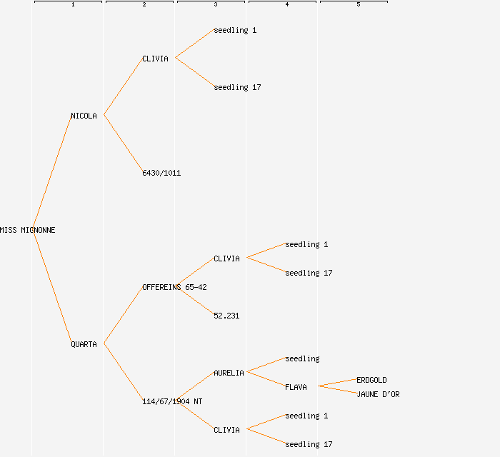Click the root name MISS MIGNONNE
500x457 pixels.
pos(27,230)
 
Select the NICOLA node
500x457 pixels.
pos(84,116)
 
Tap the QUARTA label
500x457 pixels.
pos(84,344)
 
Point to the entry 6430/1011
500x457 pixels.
pos(161,173)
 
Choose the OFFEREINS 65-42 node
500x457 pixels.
pos(174,287)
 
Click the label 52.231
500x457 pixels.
pos(226,316)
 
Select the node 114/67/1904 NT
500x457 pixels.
pos(172,401)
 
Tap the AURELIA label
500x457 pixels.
pos(229,373)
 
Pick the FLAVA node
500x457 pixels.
pos(296,387)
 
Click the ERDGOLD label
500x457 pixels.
pos(371,380)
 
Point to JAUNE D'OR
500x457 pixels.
pos(378,394)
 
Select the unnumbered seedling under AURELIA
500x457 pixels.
pos(302,358)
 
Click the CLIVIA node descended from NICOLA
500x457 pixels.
pos(155,59)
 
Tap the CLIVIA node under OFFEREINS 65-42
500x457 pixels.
pos(226,258)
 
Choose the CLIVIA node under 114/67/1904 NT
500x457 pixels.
pos(226,430)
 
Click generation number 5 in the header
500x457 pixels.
pos(358,5)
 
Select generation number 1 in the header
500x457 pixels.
pos(72,5)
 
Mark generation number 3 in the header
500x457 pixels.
pos(215,5)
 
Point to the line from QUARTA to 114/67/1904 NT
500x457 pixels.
pos(123,372)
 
